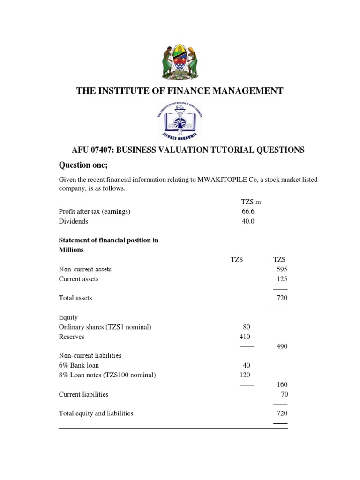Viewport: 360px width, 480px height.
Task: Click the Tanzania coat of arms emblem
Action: point(180,61)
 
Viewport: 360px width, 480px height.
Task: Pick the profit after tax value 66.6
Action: point(248,211)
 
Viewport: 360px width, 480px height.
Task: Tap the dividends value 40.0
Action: point(248,221)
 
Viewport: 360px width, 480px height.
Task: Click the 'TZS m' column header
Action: point(251,202)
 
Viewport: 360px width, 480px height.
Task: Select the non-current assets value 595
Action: point(282,269)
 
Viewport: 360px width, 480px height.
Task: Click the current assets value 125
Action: point(282,279)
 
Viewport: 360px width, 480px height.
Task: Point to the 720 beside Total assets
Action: point(282,298)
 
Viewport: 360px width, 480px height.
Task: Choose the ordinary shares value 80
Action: point(247,327)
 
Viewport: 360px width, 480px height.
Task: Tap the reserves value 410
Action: point(245,337)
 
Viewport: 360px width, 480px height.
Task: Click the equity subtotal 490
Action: point(282,346)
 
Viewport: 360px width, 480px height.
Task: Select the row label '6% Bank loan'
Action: point(79,365)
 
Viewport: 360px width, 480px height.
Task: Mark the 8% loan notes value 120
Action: point(245,375)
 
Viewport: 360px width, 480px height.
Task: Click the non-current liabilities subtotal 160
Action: point(282,385)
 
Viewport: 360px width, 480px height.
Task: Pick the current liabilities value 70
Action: point(284,394)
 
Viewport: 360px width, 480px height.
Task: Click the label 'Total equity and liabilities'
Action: point(96,413)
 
